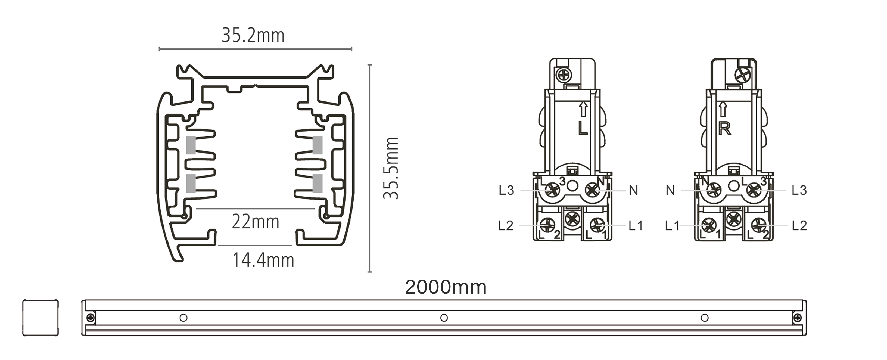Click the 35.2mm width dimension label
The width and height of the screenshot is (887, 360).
point(253,35)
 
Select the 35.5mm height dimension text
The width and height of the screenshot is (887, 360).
point(391,168)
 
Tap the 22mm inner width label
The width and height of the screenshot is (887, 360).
point(255,222)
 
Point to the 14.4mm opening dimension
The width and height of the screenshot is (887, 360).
point(263,260)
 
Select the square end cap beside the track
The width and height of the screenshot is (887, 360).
point(41,318)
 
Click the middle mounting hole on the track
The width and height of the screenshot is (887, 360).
point(444,318)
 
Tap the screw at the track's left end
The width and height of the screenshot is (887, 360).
point(91,317)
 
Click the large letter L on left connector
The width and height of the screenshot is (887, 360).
point(583,128)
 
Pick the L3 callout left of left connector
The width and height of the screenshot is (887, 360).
point(506,190)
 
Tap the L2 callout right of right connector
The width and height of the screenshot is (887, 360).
point(799,226)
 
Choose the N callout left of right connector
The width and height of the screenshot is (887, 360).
point(670,190)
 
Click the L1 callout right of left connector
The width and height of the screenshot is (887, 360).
point(636,226)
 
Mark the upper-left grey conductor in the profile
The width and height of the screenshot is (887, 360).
point(191,145)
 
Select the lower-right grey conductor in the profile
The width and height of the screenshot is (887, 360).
point(318,183)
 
